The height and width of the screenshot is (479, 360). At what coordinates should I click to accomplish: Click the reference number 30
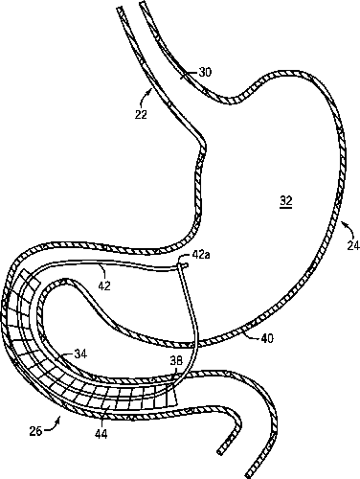point(205,73)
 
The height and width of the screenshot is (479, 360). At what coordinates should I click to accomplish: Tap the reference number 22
point(141,114)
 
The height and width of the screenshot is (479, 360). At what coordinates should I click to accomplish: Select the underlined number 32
point(286,201)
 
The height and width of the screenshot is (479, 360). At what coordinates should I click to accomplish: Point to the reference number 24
point(353,245)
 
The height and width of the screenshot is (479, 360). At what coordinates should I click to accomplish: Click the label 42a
point(201,255)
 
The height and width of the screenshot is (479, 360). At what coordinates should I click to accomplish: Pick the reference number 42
point(104,285)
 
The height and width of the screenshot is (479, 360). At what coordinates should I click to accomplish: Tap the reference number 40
point(267,338)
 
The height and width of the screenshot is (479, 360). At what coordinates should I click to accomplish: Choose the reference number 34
point(80,354)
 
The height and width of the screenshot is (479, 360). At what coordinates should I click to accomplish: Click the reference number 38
point(176,361)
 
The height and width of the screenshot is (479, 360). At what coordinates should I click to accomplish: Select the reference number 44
point(101,433)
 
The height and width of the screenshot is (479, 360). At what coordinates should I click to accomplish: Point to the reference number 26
point(35,431)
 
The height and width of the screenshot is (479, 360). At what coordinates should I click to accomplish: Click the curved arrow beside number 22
point(146,99)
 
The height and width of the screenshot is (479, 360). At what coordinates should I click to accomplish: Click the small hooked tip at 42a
point(184,264)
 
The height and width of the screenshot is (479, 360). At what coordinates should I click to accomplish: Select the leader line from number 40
point(250,335)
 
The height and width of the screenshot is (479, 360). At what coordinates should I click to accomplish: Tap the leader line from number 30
point(190,74)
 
